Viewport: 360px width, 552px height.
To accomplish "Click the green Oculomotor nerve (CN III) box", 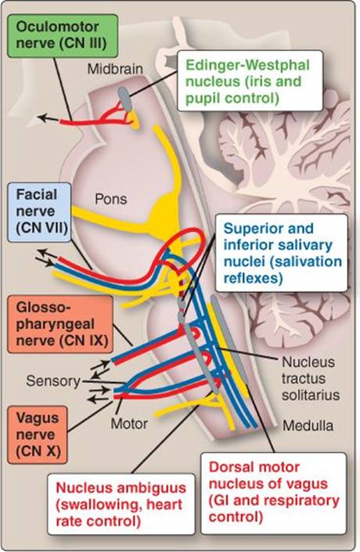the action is tap(63, 35).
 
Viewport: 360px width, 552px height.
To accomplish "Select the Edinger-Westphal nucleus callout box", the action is tap(250, 81).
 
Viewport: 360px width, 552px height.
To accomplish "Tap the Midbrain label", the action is tap(115, 69).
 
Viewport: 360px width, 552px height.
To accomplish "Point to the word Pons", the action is tap(110, 199).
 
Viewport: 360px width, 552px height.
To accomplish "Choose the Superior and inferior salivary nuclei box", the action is tap(281, 253).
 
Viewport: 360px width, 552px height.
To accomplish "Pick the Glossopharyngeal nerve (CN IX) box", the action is tap(60, 324).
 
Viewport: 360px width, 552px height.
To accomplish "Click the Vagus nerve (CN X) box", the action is tap(38, 435).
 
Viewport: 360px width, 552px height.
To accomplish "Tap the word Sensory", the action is tap(53, 381).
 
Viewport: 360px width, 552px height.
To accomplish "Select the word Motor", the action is tap(129, 424).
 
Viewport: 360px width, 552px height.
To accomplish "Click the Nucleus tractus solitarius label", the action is tap(311, 378).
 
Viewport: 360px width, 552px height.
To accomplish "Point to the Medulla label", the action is tap(308, 426).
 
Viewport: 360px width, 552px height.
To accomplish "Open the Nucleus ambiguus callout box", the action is tap(121, 504).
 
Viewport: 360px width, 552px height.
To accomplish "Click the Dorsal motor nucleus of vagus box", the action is tap(273, 492).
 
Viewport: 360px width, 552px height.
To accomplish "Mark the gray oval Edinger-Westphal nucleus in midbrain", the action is tap(124, 98).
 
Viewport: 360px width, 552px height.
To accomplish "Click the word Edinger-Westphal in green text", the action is tap(248, 66).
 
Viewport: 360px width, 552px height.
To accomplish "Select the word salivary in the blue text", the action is tap(306, 245).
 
